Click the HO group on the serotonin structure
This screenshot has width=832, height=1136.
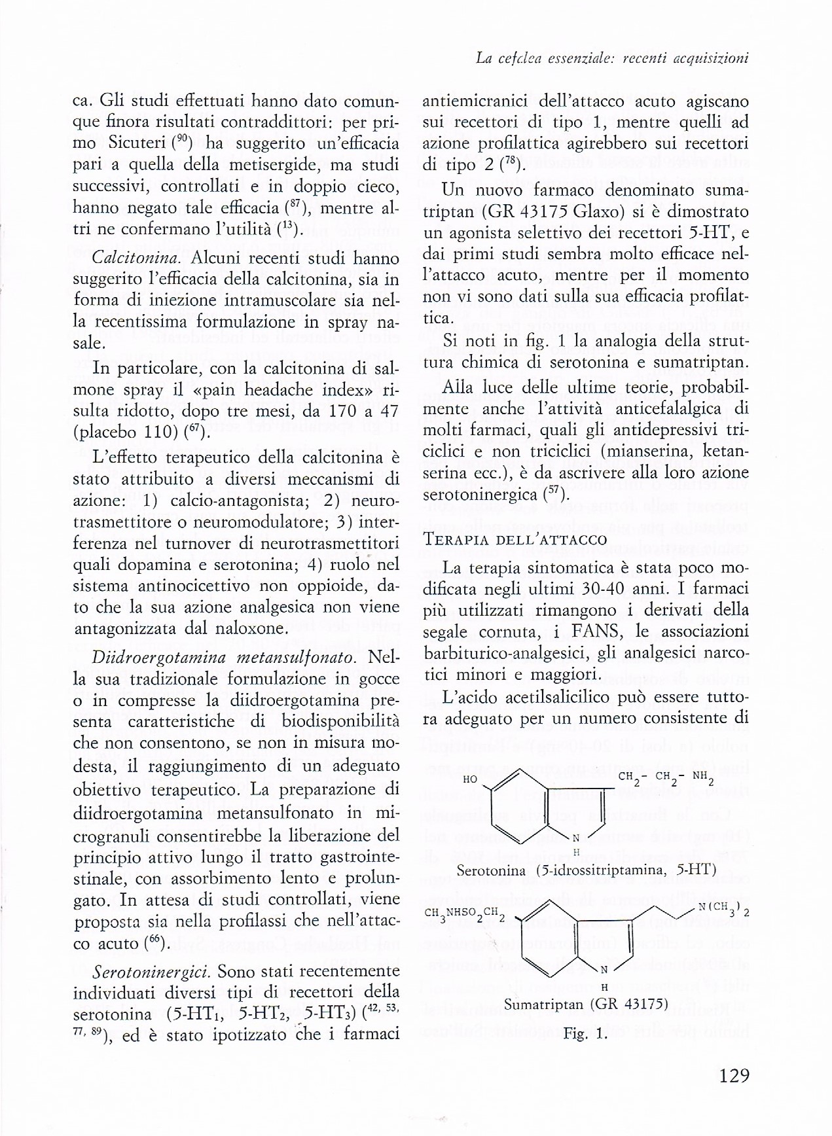click(469, 779)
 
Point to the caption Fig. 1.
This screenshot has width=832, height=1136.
click(585, 1035)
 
